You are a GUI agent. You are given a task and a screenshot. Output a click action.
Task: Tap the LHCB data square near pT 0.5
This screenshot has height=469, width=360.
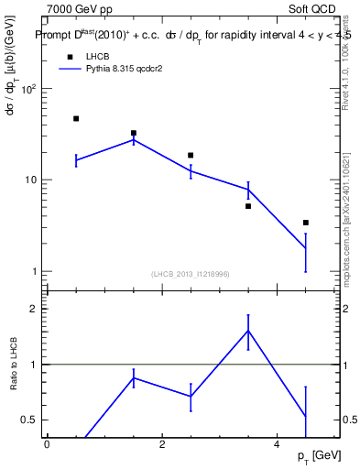[76, 118]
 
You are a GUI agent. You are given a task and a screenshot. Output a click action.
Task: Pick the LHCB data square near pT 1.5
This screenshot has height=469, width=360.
[134, 133]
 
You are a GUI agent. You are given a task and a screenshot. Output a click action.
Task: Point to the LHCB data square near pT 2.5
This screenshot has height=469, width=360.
[191, 155]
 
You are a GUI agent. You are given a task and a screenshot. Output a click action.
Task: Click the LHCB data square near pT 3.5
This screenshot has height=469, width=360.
[248, 206]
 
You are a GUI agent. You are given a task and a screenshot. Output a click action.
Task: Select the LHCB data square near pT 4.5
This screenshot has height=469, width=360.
[306, 223]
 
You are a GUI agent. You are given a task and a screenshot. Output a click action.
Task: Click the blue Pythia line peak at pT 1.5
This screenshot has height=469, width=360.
[134, 139]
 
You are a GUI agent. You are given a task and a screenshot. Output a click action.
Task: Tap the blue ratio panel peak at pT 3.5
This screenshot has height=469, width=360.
[248, 331]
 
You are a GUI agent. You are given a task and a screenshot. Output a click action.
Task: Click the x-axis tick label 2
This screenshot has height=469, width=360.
[161, 444]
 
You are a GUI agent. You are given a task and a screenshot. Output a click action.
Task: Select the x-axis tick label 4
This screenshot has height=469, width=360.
[277, 444]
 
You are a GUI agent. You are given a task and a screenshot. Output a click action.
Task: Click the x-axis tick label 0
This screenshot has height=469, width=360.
[47, 444]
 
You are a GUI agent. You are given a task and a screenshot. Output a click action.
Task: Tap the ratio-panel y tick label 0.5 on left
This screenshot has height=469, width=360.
[27, 420]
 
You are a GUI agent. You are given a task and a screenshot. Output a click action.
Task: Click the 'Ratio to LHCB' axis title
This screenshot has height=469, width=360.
[13, 365]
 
